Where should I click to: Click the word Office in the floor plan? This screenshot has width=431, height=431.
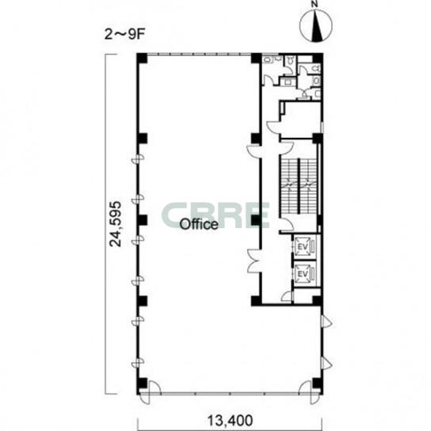pyautogui.click(x=199, y=224)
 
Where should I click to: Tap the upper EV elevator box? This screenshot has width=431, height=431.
pyautogui.click(x=303, y=246)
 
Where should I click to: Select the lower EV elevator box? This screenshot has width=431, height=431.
pyautogui.click(x=303, y=273)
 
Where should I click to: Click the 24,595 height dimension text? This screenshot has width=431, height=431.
pyautogui.click(x=116, y=224)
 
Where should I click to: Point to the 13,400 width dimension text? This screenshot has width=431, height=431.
pyautogui.click(x=230, y=421)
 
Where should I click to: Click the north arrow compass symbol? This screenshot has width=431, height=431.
pyautogui.click(x=316, y=25)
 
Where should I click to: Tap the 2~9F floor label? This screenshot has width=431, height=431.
pyautogui.click(x=124, y=35)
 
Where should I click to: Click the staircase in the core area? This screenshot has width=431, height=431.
pyautogui.click(x=299, y=186)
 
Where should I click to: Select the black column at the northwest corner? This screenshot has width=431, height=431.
pyautogui.click(x=142, y=58)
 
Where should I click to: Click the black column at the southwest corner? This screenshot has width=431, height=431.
pyautogui.click(x=142, y=383)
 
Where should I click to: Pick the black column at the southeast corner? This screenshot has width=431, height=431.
pyautogui.click(x=317, y=383)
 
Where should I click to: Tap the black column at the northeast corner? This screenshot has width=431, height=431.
pyautogui.click(x=318, y=58)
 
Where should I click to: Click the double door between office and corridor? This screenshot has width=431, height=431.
pyautogui.click(x=254, y=261)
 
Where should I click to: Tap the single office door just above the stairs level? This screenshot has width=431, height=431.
pyautogui.click(x=254, y=151)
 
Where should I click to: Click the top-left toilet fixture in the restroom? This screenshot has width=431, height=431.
pyautogui.click(x=268, y=59)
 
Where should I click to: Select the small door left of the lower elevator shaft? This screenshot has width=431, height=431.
pyautogui.click(x=287, y=297)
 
